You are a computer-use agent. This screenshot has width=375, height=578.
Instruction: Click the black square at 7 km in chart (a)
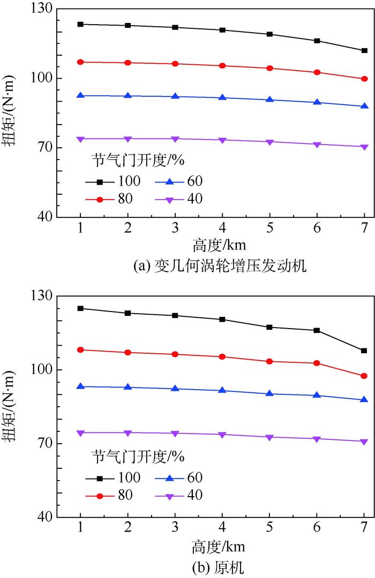pos(364,50)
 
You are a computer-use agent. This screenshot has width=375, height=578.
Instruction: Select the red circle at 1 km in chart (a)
pos(80,62)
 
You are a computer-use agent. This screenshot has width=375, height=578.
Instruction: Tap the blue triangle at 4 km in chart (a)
pos(222,97)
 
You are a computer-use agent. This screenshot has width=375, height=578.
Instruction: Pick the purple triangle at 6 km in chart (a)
pos(317,144)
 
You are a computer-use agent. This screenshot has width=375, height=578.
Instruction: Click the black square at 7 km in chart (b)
pos(364,351)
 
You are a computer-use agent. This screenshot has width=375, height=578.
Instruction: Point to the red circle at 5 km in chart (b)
pos(269,361)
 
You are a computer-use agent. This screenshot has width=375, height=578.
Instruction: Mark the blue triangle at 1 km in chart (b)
pos(80,386)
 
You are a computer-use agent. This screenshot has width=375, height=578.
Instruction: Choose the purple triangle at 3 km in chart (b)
pos(175,433)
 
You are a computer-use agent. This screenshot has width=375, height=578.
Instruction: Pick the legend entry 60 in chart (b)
pos(194,477)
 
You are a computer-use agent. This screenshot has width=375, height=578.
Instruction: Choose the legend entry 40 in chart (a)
pos(194,199)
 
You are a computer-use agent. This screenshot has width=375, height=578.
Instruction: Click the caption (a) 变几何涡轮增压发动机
pos(220,266)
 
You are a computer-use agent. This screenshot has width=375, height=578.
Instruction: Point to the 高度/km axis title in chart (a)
pos(220,246)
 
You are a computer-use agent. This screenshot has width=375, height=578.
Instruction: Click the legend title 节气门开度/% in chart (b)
pos(138,456)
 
